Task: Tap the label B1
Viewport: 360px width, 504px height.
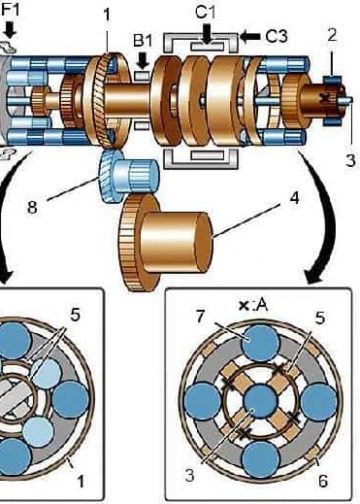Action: click(143, 41)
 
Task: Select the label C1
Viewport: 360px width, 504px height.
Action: click(205, 12)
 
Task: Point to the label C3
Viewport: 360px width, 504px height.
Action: click(276, 36)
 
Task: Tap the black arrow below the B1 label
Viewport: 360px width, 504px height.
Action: click(143, 61)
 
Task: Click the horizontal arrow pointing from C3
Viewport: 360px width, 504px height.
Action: click(250, 36)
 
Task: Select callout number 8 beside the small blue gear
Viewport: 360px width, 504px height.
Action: click(32, 207)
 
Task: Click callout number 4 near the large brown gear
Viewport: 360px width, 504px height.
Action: click(294, 199)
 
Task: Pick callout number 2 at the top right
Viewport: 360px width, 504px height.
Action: click(332, 35)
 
